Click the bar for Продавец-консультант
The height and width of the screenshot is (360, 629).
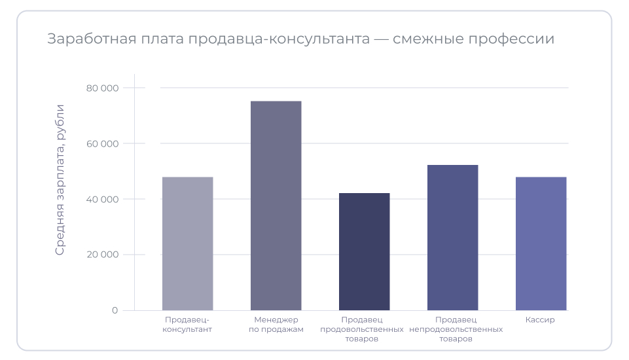point(187,243)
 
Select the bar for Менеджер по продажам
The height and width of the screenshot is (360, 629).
point(276,206)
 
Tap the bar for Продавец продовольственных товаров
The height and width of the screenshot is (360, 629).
point(364,251)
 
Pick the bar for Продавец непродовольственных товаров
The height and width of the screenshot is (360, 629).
point(452,238)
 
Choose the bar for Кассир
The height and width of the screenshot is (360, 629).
point(541,243)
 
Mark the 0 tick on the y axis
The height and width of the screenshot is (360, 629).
point(115,310)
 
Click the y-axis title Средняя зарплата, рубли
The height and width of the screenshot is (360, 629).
point(60,179)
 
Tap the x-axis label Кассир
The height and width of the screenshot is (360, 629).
point(540,320)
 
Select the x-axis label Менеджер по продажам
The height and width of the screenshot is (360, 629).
point(276,325)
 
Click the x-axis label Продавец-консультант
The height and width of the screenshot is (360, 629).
point(187,325)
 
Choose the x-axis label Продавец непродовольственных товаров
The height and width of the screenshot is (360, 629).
point(456,329)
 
